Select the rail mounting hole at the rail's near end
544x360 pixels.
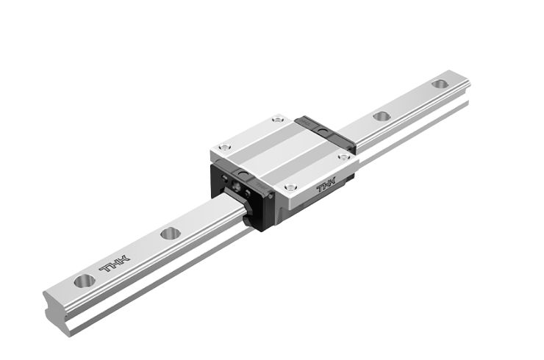point(84,280)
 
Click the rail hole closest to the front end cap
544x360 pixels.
point(171,233)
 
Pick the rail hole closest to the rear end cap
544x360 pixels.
point(381,116)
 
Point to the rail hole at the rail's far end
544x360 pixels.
point(440,84)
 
